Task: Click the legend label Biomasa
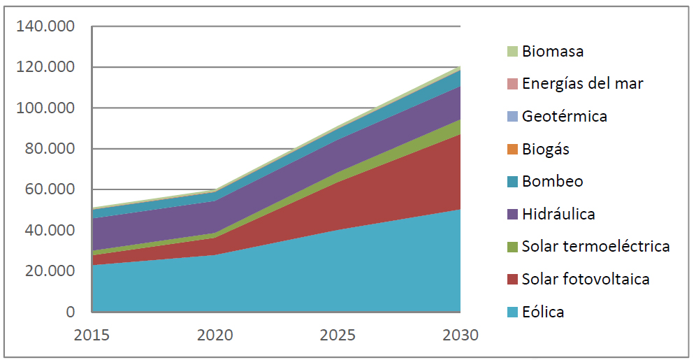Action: (x=553, y=51)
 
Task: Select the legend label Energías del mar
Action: (x=582, y=84)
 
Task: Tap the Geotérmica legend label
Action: (x=565, y=116)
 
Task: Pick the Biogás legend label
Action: (x=546, y=149)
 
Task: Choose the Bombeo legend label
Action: (x=552, y=182)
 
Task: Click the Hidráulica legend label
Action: (x=558, y=214)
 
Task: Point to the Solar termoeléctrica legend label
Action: (x=595, y=246)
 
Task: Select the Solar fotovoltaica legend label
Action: (x=586, y=279)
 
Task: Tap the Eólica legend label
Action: (x=543, y=312)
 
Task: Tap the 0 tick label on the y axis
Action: (x=70, y=312)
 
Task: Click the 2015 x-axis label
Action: (x=92, y=335)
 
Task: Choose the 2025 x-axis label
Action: (x=338, y=335)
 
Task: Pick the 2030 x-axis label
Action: (x=461, y=335)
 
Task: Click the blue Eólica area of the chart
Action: (x=280, y=280)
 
